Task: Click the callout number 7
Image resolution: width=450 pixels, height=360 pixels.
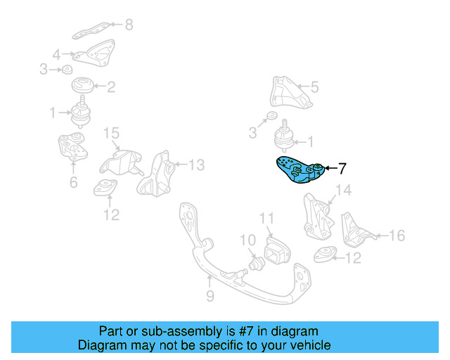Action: [x=342, y=169]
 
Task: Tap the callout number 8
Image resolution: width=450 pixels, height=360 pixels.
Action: [x=128, y=25]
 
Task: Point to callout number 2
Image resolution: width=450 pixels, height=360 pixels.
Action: [x=111, y=88]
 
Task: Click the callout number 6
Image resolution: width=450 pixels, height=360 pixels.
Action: [x=73, y=184]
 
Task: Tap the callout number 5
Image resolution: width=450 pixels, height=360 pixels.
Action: [x=314, y=87]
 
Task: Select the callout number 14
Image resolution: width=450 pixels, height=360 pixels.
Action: [x=342, y=191]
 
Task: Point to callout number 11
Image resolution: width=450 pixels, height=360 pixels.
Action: [x=266, y=219]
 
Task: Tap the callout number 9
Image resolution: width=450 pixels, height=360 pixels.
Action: [x=210, y=297]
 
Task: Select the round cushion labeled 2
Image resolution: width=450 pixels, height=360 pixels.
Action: [x=84, y=88]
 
